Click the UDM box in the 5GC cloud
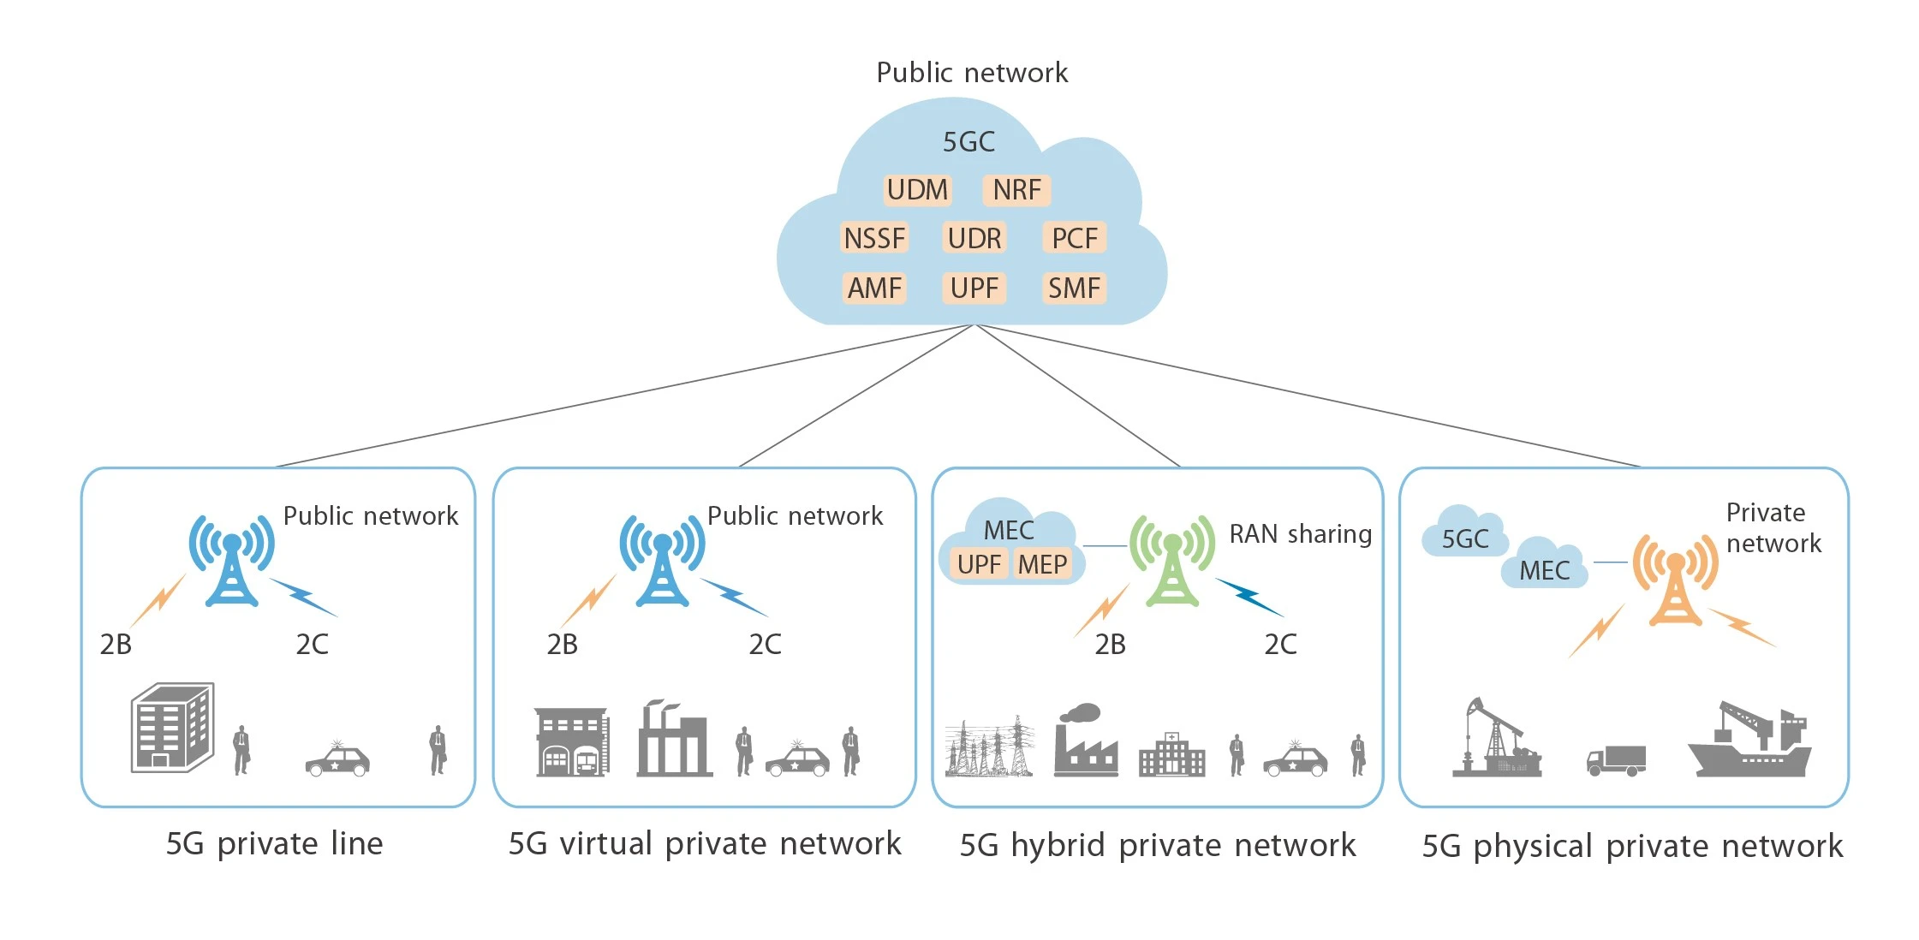click(917, 189)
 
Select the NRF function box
click(1016, 189)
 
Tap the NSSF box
click(874, 238)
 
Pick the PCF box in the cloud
click(1075, 238)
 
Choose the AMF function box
click(874, 288)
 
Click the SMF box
click(1075, 288)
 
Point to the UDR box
click(974, 238)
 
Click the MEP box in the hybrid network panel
click(1042, 564)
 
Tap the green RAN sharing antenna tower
click(1171, 560)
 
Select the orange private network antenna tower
click(1675, 580)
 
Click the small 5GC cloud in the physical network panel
click(1464, 535)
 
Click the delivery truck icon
click(1616, 760)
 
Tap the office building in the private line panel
click(172, 728)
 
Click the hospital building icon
click(1171, 755)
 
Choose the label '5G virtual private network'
click(704, 844)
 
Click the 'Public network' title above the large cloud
click(972, 73)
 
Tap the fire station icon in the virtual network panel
click(572, 742)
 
